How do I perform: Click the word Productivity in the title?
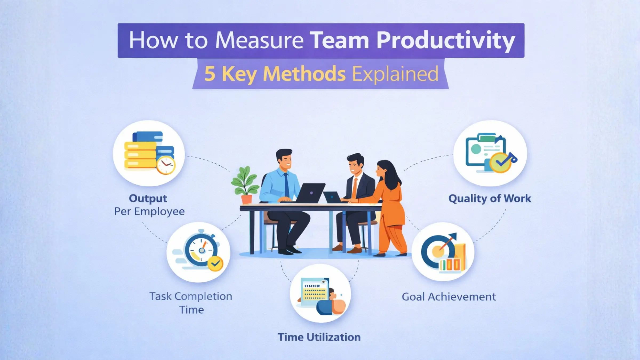445,41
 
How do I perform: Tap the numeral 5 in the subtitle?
210,74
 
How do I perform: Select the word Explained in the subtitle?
395,74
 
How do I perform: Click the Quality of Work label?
490,198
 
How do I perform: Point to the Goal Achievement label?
449,297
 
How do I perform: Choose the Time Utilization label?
319,337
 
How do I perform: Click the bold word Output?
148,198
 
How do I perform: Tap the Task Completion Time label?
191,303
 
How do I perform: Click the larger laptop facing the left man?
311,193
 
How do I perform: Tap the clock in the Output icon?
166,165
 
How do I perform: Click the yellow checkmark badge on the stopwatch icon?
215,263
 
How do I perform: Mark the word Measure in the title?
259,41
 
